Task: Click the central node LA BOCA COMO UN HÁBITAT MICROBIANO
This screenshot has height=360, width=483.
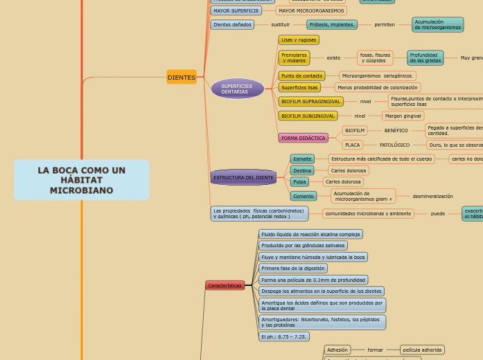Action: click(82, 180)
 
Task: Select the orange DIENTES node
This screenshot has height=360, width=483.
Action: click(182, 78)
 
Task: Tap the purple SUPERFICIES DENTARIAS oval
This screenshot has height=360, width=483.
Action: click(237, 89)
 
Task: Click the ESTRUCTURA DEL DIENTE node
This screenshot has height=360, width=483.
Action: click(243, 177)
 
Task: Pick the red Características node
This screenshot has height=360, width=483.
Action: click(225, 285)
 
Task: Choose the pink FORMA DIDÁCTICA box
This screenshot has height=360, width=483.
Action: click(303, 138)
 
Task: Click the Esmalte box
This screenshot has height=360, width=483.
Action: click(302, 159)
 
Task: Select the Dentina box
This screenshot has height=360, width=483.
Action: click(302, 170)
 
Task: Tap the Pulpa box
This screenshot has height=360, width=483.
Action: click(299, 182)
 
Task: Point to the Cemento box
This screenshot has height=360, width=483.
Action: click(303, 196)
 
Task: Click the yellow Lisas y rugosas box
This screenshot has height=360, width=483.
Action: click(299, 40)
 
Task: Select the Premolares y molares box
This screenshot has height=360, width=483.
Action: click(294, 57)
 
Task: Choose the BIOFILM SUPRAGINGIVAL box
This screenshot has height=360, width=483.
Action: click(310, 102)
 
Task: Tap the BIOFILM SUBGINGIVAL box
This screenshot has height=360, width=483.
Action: click(308, 116)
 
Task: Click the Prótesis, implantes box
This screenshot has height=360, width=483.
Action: click(331, 25)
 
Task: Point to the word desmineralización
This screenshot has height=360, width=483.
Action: click(432, 197)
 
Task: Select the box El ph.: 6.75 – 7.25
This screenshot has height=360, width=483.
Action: click(283, 336)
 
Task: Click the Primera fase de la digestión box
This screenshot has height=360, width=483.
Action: click(292, 269)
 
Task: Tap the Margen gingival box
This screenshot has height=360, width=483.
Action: click(403, 116)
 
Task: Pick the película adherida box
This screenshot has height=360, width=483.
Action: click(422, 350)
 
